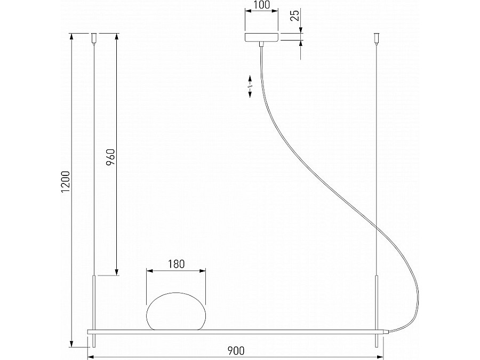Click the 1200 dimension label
(66, 182)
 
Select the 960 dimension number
(110, 157)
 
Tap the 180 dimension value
(177, 264)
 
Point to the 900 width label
(236, 350)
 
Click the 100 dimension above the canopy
(262, 5)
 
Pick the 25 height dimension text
(295, 15)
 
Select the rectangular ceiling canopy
(262, 37)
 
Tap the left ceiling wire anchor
(94, 38)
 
